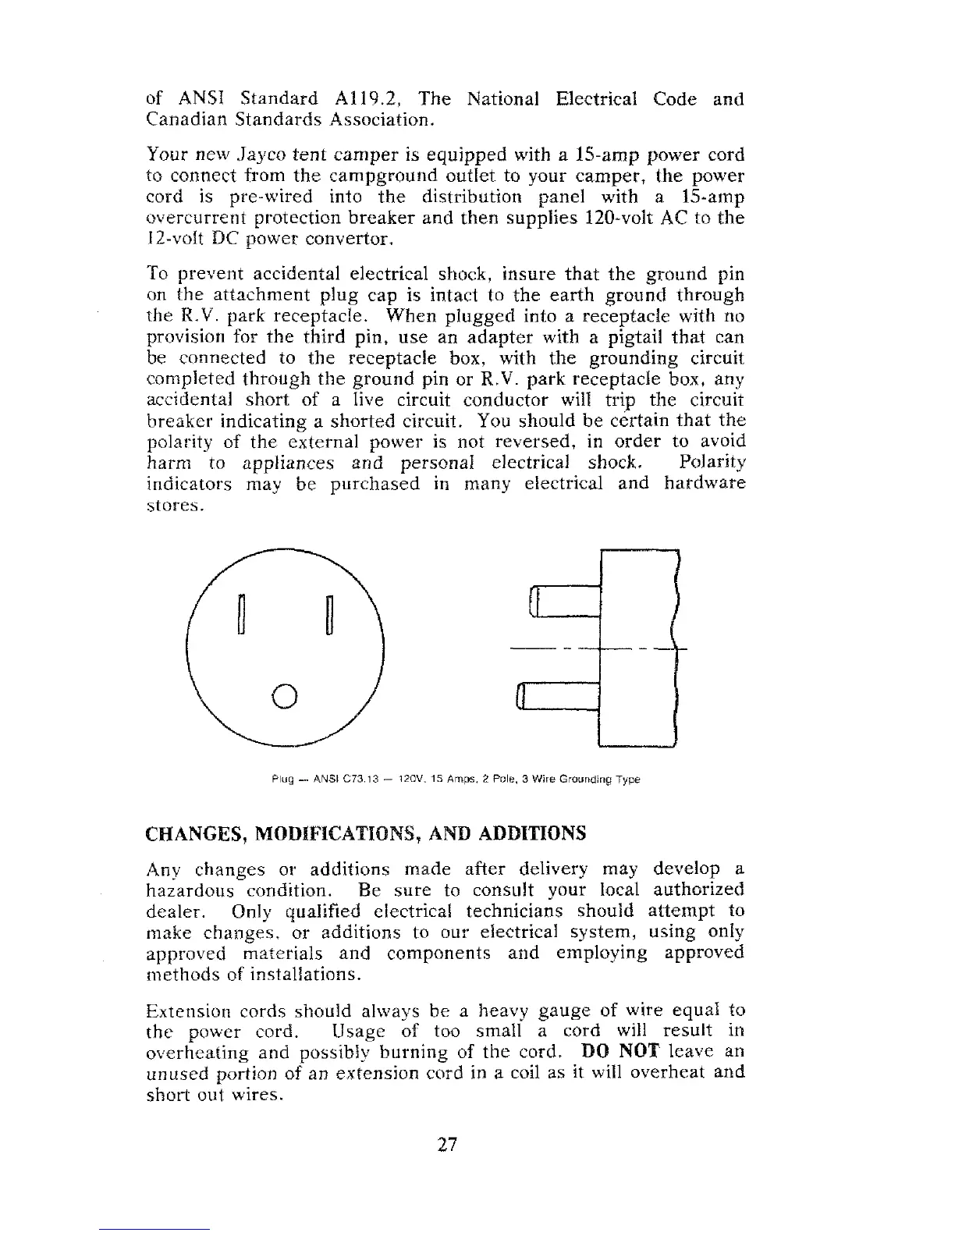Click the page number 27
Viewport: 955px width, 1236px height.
click(446, 1145)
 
